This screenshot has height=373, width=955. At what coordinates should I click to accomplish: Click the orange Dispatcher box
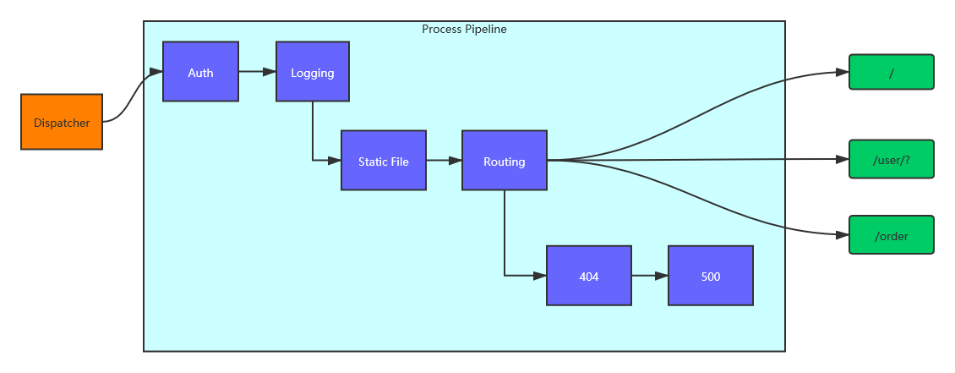pyautogui.click(x=62, y=122)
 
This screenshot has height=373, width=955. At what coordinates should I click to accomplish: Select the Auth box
pyautogui.click(x=200, y=72)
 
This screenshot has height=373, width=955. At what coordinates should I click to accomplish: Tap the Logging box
pyautogui.click(x=313, y=72)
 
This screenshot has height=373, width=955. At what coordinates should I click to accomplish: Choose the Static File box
pyautogui.click(x=384, y=161)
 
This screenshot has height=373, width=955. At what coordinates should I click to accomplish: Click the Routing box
pyautogui.click(x=505, y=161)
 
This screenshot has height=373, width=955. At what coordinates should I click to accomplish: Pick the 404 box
pyautogui.click(x=589, y=276)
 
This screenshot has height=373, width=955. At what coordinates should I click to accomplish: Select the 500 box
pyautogui.click(x=711, y=276)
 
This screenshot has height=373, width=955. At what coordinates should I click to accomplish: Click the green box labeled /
pyautogui.click(x=892, y=72)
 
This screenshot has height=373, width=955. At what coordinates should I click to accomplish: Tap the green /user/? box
pyautogui.click(x=892, y=159)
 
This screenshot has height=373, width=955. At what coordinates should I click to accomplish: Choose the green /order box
pyautogui.click(x=892, y=235)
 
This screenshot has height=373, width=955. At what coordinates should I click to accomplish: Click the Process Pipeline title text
pyautogui.click(x=464, y=30)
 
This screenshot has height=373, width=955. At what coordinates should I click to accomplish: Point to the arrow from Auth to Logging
pyautogui.click(x=257, y=72)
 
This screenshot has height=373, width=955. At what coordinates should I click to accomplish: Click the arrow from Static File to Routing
pyautogui.click(x=444, y=161)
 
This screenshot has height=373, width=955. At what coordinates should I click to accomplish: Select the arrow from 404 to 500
pyautogui.click(x=649, y=276)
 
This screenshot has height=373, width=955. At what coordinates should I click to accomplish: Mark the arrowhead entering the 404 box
pyautogui.click(x=541, y=276)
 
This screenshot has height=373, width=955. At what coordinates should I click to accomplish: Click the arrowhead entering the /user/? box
pyautogui.click(x=843, y=158)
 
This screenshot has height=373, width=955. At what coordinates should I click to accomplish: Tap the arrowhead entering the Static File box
pyautogui.click(x=336, y=161)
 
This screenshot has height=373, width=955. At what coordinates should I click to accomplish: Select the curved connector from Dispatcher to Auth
pyautogui.click(x=132, y=97)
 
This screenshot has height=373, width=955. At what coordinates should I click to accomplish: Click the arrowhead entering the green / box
pyautogui.click(x=843, y=73)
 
